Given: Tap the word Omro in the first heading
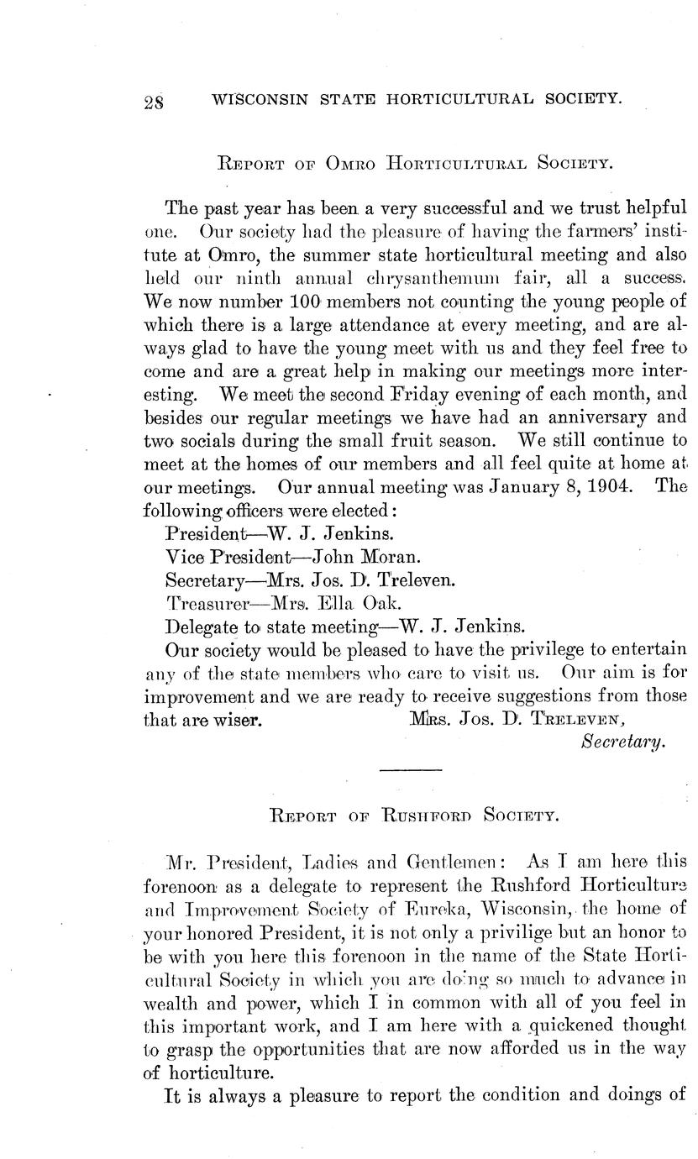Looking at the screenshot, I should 340,162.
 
